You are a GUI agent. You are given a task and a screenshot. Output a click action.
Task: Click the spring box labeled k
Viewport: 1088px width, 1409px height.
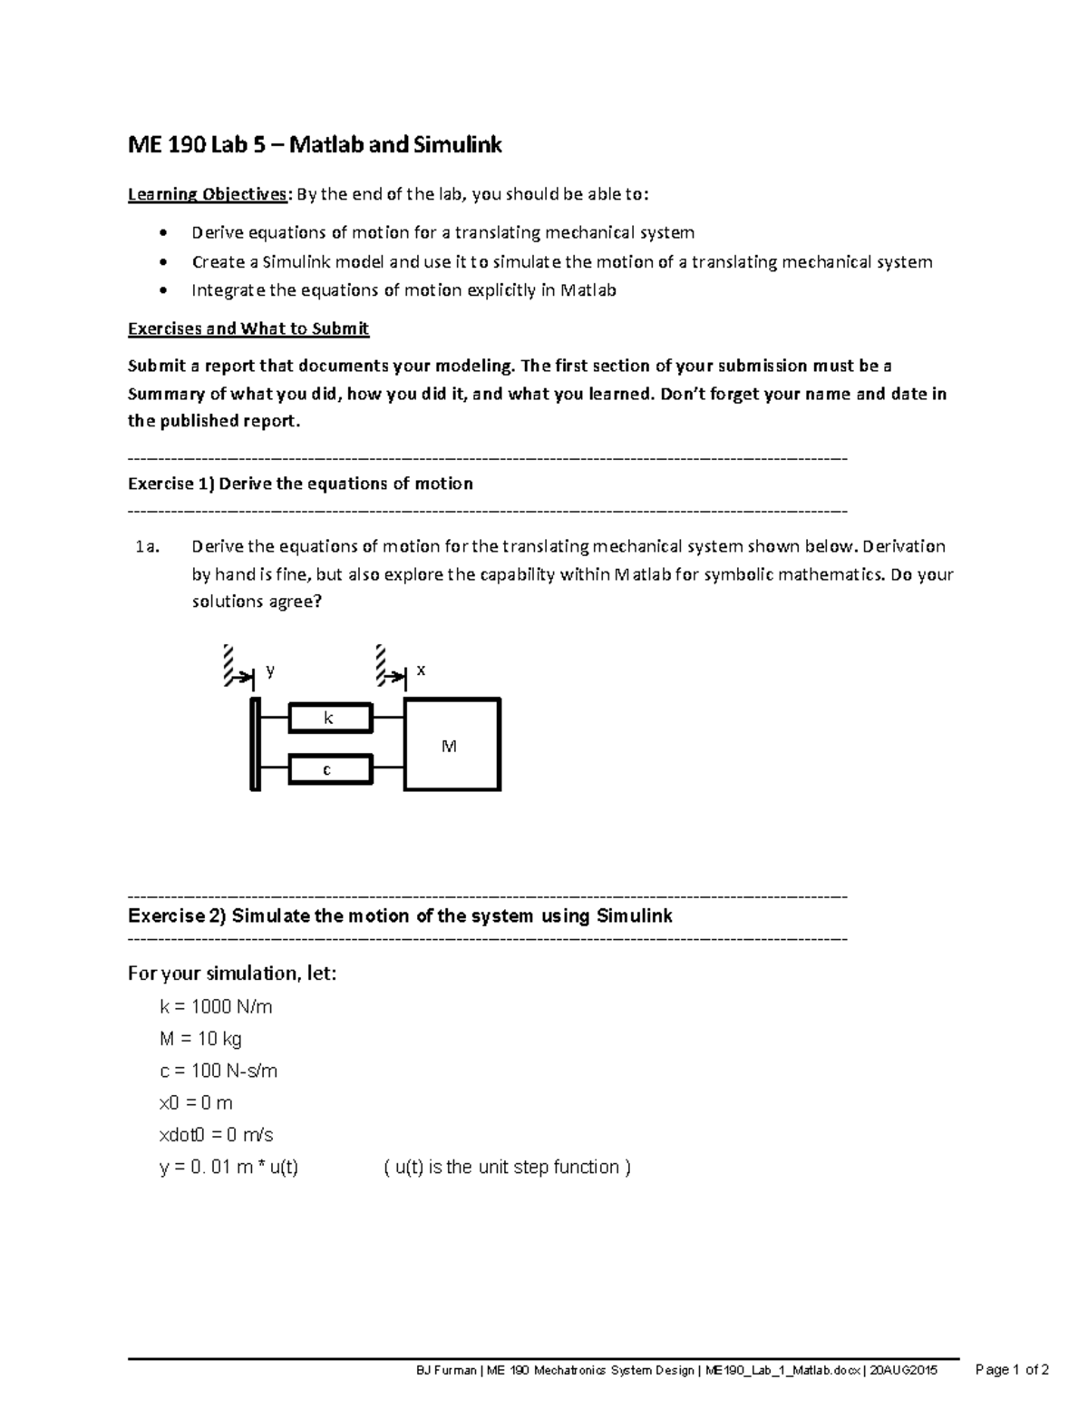[x=330, y=719]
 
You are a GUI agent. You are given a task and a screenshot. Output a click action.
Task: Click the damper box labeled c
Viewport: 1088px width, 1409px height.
[x=330, y=770]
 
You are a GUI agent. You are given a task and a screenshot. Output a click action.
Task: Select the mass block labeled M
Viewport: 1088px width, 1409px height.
[x=452, y=745]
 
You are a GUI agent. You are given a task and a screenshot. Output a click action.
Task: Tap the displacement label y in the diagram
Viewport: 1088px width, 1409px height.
[x=270, y=671]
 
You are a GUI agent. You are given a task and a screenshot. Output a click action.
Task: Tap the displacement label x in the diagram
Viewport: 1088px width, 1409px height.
[x=421, y=670]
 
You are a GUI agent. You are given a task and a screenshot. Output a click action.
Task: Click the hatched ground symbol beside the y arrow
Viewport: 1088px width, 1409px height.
[x=228, y=664]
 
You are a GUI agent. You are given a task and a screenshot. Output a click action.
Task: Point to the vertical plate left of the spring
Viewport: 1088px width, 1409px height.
[x=256, y=744]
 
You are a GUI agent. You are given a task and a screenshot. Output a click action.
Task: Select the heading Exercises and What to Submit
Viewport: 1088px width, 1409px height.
[x=248, y=328]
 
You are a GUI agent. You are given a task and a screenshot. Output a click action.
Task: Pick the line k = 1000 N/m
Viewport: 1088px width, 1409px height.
[x=216, y=1007]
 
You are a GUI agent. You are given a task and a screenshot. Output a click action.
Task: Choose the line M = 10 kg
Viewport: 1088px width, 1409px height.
[x=200, y=1039]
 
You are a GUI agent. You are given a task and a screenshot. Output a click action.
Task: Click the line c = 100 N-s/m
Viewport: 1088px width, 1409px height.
[x=219, y=1071]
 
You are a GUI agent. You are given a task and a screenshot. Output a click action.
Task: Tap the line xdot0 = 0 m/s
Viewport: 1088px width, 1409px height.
[x=216, y=1135]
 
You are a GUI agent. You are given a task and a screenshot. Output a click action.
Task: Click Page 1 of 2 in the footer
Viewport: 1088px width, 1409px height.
[x=1011, y=1370]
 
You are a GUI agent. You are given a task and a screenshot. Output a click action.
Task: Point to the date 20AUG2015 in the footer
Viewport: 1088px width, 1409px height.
[x=902, y=1371]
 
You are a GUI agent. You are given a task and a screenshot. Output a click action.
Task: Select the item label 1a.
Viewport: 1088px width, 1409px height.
[x=147, y=547]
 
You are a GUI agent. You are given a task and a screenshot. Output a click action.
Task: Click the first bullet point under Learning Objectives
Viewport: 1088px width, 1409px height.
[x=162, y=233]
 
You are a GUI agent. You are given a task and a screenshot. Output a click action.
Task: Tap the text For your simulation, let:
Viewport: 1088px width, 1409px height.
[x=232, y=974]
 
